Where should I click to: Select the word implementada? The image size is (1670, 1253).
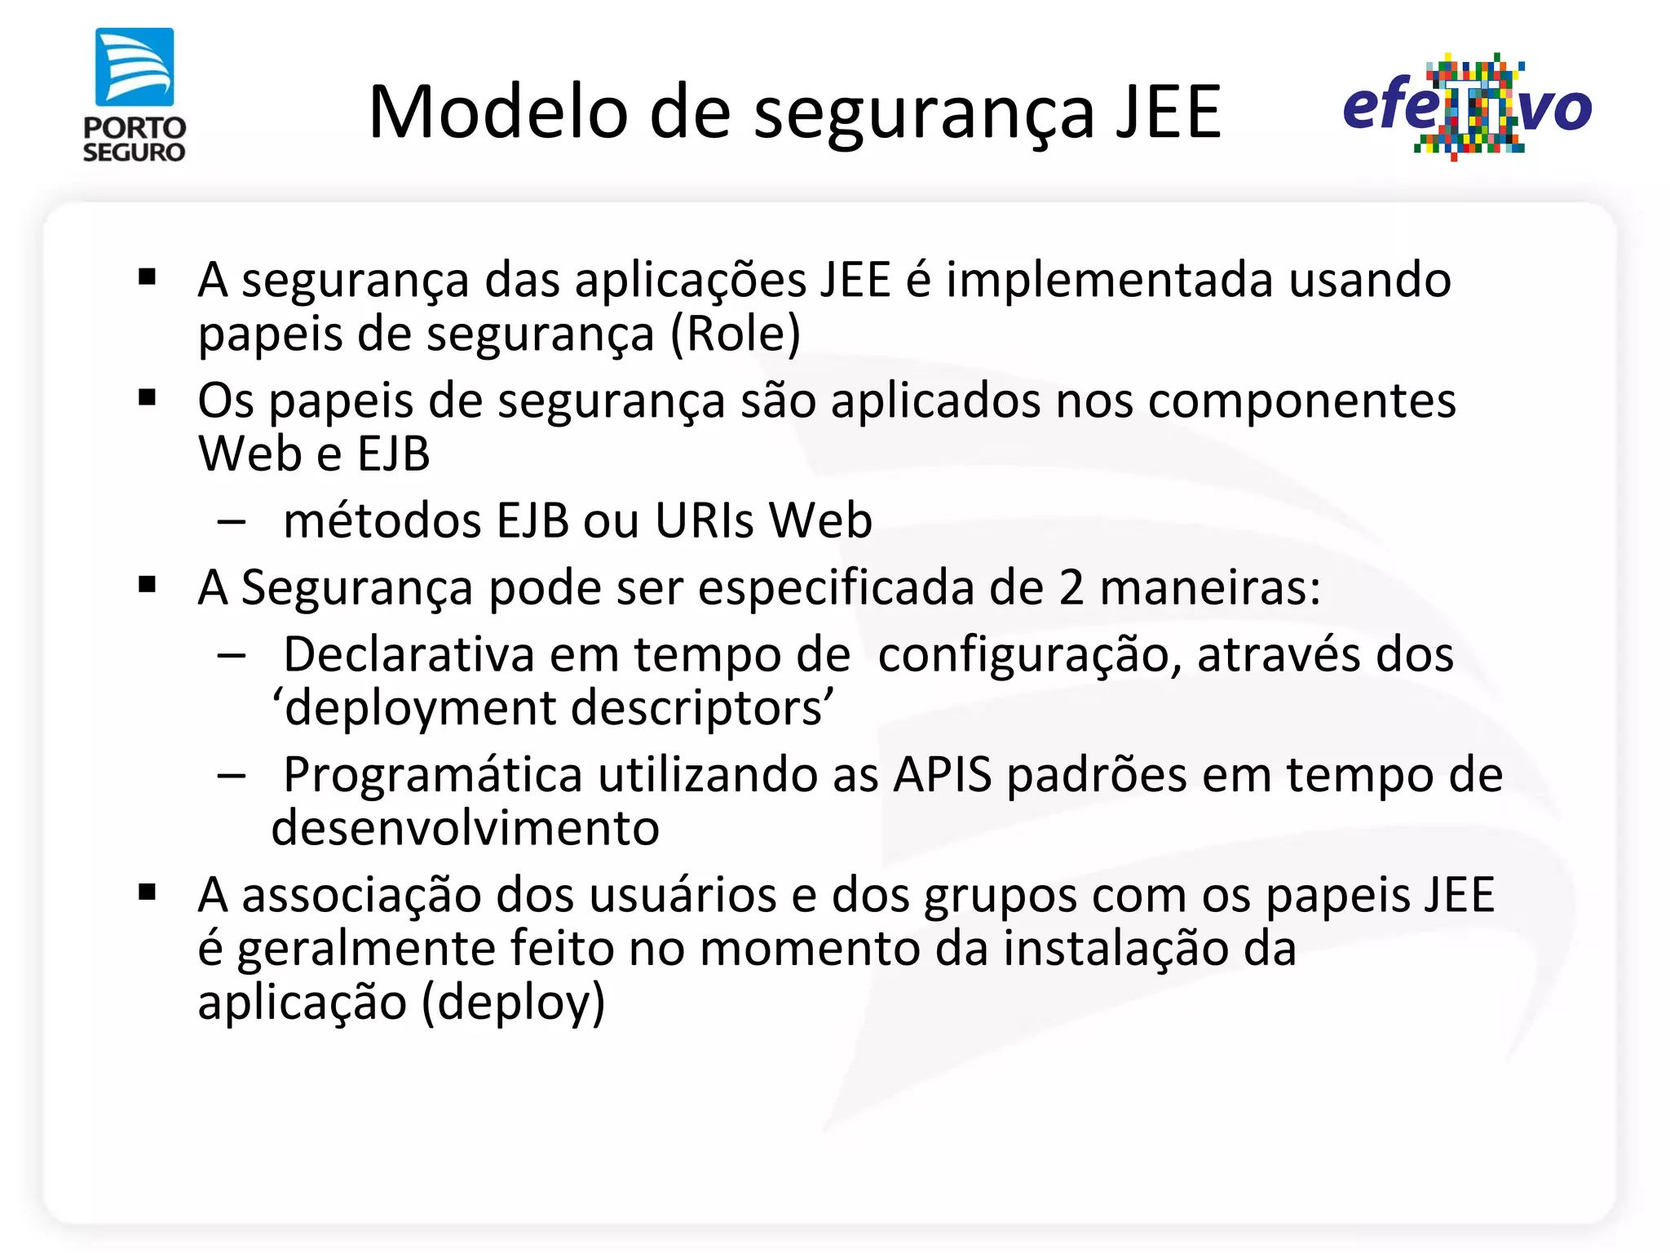click(x=1110, y=280)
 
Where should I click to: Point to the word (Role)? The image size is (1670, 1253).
click(x=736, y=334)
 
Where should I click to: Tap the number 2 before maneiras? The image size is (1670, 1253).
click(x=1071, y=587)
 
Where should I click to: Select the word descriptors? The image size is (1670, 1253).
click(x=703, y=708)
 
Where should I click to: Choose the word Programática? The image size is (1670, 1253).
click(x=433, y=775)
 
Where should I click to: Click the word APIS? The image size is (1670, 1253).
click(x=943, y=775)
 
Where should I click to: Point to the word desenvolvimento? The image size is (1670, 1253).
click(x=465, y=829)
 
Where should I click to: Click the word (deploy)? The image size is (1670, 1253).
click(x=513, y=1003)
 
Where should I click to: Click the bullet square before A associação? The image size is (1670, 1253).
click(x=148, y=892)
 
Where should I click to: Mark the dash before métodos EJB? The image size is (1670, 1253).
click(x=232, y=522)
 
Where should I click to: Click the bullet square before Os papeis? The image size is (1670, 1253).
click(x=148, y=398)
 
